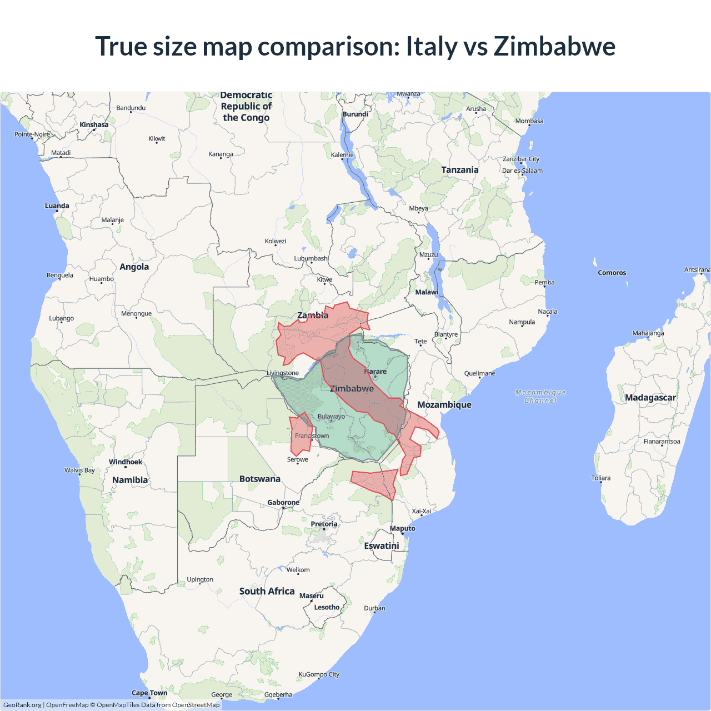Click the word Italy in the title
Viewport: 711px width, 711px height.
(432, 46)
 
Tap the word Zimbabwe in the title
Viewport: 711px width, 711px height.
(554, 46)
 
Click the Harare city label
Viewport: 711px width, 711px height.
(375, 372)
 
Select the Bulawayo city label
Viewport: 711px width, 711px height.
(331, 417)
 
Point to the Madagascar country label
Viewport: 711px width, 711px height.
(650, 398)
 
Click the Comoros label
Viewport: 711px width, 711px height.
(612, 273)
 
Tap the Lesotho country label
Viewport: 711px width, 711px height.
(327, 607)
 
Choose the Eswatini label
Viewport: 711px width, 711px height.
(381, 545)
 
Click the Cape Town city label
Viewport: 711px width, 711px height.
(149, 693)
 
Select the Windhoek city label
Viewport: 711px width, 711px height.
(126, 462)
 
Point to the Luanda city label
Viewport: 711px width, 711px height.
(57, 206)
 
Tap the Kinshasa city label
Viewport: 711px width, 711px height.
(94, 124)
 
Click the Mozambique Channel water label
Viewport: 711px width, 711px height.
(540, 396)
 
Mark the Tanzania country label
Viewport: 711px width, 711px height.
(459, 170)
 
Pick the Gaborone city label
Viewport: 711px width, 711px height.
(283, 502)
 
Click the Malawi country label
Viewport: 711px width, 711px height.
(427, 292)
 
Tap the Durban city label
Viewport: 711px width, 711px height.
(374, 608)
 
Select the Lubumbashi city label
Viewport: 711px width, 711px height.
(311, 258)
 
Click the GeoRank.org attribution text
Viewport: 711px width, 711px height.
(22, 705)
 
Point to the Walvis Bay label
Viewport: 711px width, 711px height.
(79, 470)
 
